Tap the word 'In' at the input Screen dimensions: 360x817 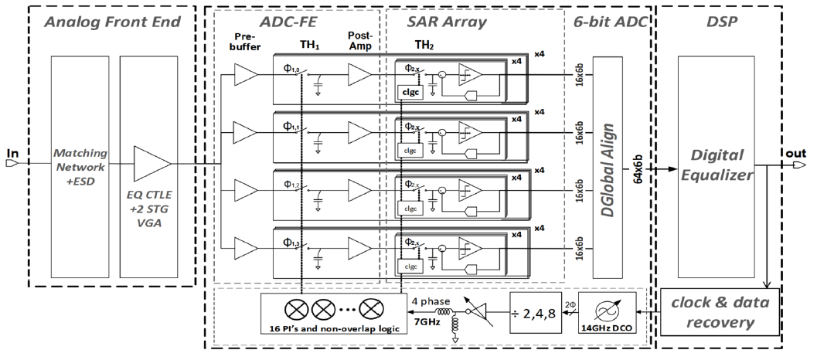pyautogui.click(x=12, y=153)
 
